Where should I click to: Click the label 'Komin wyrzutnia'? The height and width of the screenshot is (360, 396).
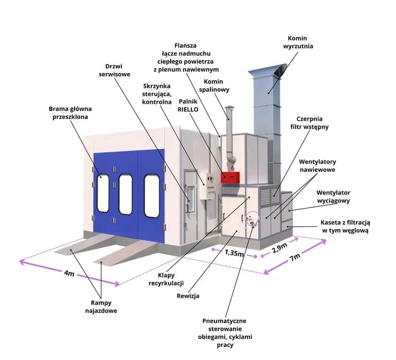pyautogui.click(x=300, y=42)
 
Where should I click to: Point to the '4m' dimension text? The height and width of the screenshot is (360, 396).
pyautogui.click(x=69, y=274)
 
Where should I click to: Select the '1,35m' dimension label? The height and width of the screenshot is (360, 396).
pyautogui.click(x=234, y=252)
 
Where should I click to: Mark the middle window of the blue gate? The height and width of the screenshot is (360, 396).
pyautogui.click(x=125, y=195)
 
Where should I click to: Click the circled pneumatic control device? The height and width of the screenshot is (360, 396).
pyautogui.click(x=251, y=220)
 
